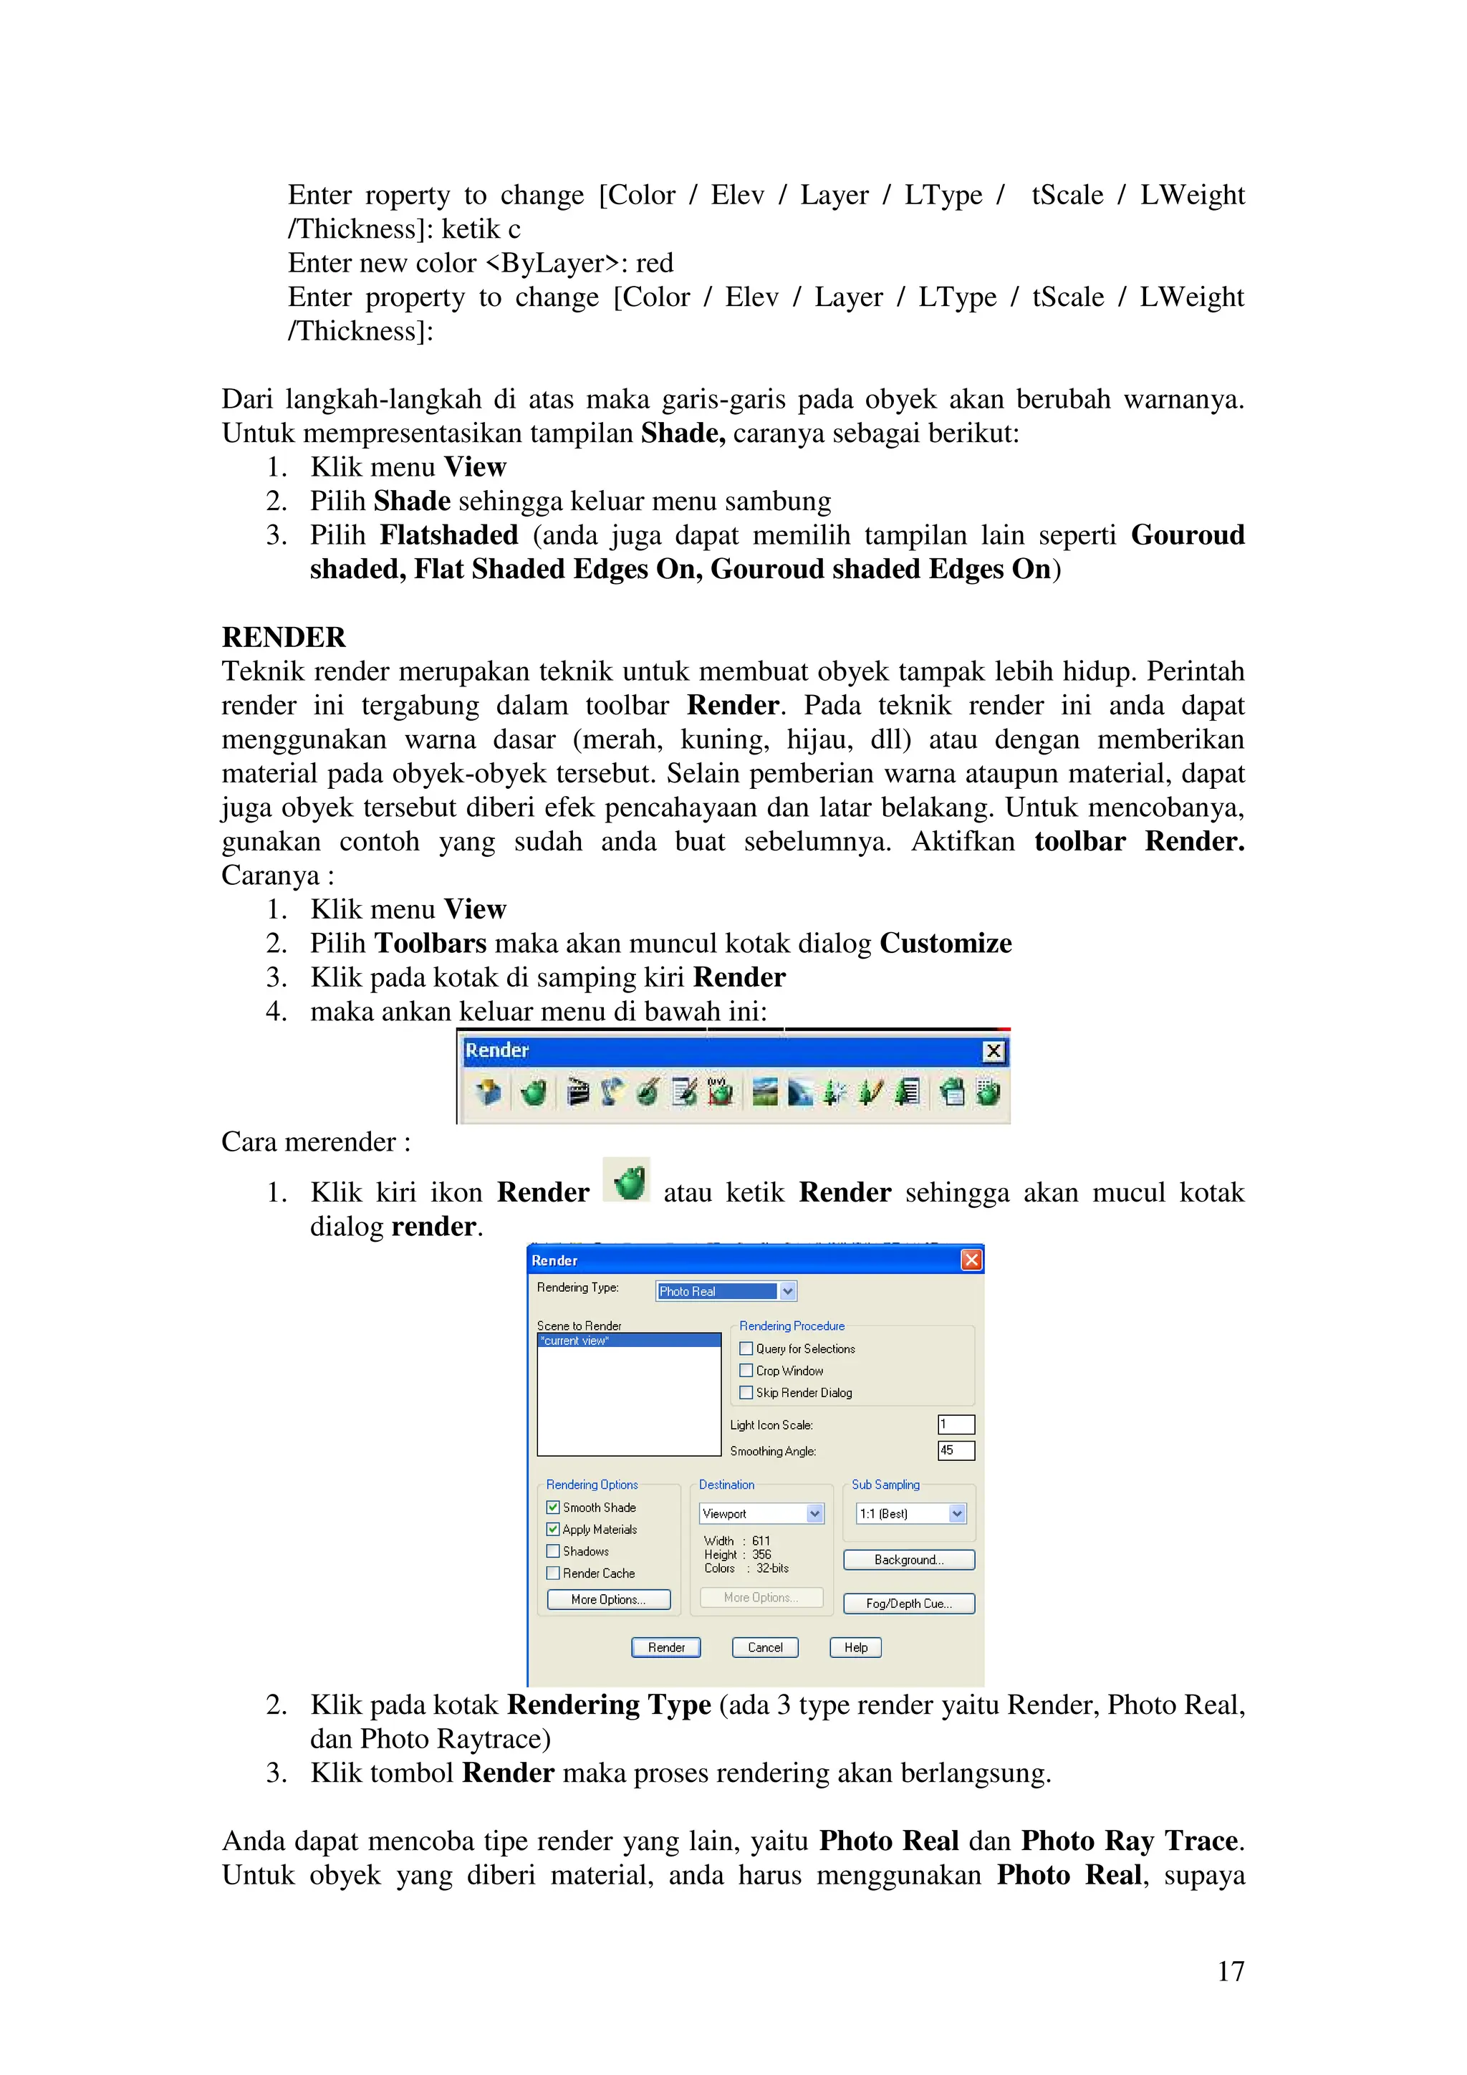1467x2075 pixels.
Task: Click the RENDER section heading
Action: click(x=283, y=637)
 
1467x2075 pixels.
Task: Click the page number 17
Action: click(x=1231, y=1971)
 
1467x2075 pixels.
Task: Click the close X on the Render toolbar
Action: click(x=993, y=1051)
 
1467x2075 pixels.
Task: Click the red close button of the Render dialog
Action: click(x=971, y=1260)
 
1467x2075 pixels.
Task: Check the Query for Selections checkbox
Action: click(x=746, y=1348)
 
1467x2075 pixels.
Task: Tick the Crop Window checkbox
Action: click(x=746, y=1370)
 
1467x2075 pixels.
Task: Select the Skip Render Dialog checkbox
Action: click(x=746, y=1393)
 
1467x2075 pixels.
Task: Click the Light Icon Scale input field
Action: click(x=956, y=1424)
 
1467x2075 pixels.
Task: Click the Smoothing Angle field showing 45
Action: click(x=956, y=1450)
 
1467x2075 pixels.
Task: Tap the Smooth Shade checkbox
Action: click(x=553, y=1508)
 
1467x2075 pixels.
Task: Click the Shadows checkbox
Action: click(x=553, y=1551)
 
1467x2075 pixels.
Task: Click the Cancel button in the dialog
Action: click(x=764, y=1647)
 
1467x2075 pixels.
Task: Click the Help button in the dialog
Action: click(x=855, y=1647)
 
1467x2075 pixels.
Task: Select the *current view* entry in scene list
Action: click(x=627, y=1341)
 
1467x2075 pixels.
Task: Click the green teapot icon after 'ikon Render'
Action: click(x=627, y=1180)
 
